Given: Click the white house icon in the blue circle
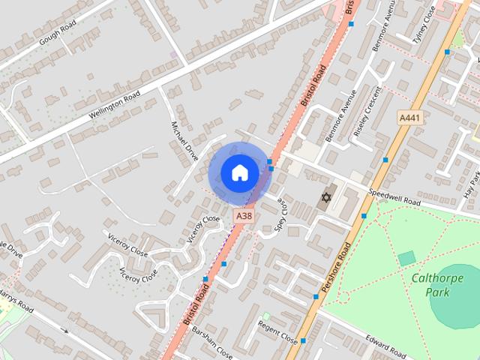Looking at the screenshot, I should tap(239, 173).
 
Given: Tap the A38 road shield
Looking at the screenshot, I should tap(244, 215).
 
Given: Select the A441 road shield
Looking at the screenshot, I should tap(409, 118).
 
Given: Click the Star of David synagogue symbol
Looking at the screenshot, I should tap(325, 199).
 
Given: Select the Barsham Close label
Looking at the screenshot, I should tap(213, 341).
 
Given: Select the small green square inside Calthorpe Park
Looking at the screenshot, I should tap(406, 259).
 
